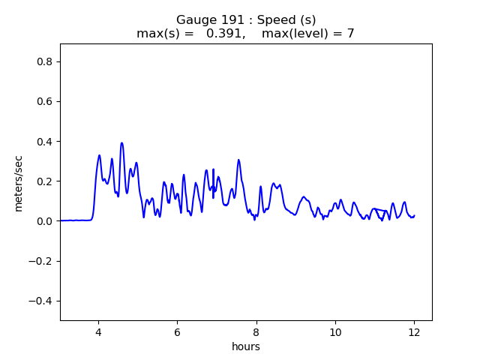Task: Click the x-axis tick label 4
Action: (98, 332)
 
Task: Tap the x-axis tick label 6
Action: (177, 332)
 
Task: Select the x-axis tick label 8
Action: (256, 332)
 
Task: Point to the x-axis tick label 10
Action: (335, 332)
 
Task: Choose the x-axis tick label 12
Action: (414, 332)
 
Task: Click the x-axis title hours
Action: (246, 346)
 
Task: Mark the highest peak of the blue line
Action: (121, 142)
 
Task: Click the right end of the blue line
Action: (414, 216)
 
